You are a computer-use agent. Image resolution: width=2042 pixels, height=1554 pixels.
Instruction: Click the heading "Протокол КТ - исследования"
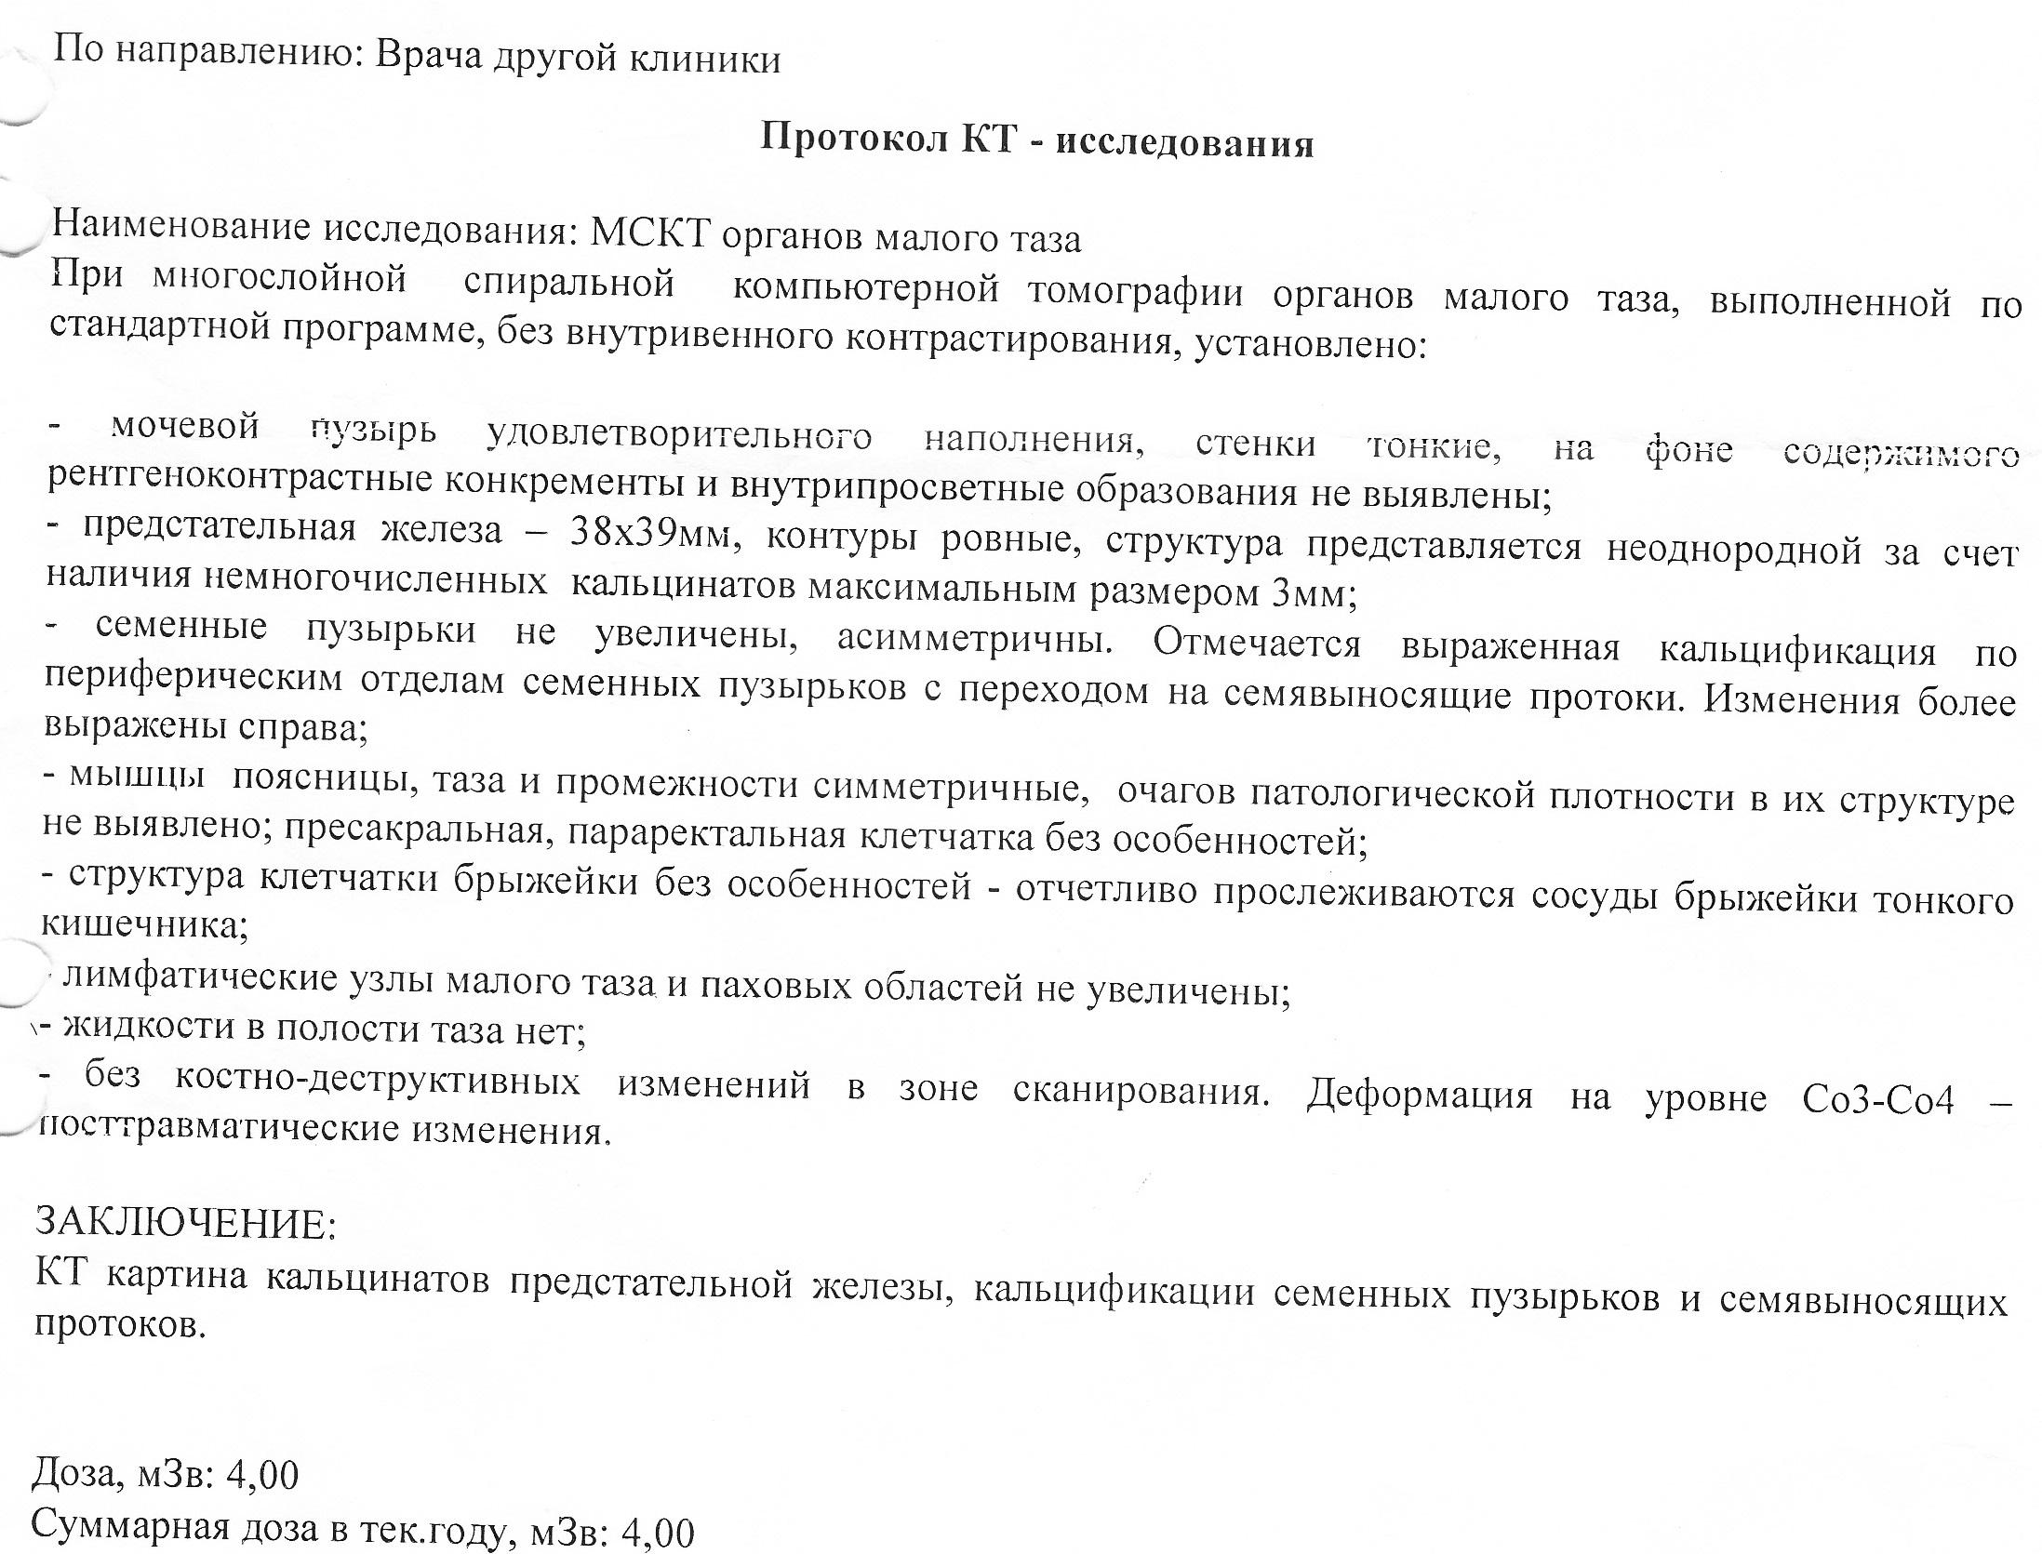coord(1036,141)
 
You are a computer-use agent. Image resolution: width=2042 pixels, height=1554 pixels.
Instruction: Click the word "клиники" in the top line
coord(705,60)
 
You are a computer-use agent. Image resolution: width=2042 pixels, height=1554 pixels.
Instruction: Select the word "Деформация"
coord(1420,1096)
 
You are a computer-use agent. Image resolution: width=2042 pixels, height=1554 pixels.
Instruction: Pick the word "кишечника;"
coord(144,926)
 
